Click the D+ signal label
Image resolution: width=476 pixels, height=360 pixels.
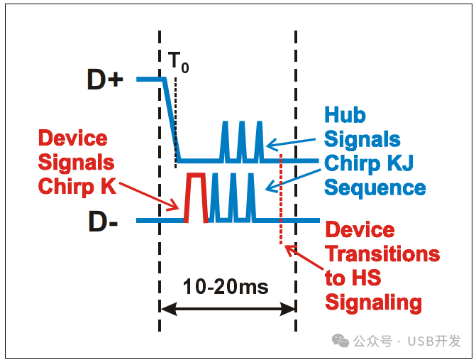105,80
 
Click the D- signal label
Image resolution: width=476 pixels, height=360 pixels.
103,222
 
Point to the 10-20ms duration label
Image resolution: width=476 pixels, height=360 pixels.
226,286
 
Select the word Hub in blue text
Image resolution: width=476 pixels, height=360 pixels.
345,115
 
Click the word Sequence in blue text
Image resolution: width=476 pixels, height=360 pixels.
375,188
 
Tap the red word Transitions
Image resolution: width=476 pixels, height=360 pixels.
382,254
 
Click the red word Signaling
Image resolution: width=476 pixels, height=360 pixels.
373,302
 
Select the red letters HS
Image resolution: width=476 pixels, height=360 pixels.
369,278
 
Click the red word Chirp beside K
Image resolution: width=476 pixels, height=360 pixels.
65,187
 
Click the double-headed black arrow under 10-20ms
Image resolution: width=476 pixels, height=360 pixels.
227,308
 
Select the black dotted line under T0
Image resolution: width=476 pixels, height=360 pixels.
175,121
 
